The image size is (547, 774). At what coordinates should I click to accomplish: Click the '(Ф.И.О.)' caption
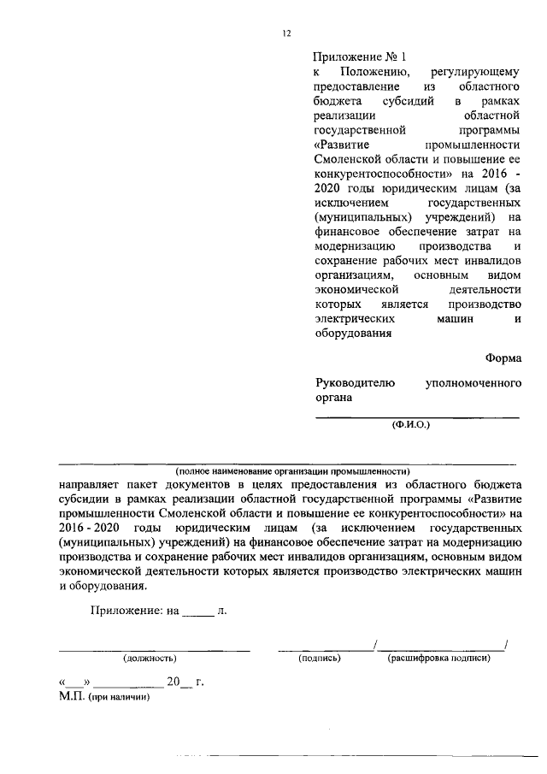(x=411, y=424)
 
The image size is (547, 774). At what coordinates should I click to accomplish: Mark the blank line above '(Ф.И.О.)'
(x=418, y=416)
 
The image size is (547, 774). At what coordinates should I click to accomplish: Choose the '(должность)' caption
(x=150, y=659)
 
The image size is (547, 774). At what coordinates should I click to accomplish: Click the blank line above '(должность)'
(x=154, y=650)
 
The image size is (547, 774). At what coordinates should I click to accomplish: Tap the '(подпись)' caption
(x=320, y=659)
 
